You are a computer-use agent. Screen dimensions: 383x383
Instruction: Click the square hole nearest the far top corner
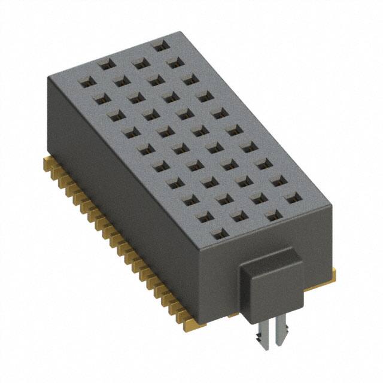(x=159, y=45)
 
